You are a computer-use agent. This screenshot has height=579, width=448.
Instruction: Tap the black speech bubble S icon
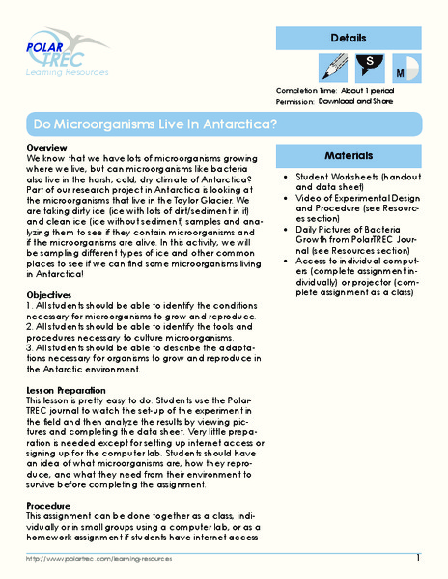(x=368, y=70)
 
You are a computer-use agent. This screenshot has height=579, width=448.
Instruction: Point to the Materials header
(x=349, y=155)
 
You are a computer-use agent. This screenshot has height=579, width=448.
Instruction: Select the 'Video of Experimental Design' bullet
(x=352, y=212)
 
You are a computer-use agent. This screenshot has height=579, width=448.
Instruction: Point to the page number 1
(x=418, y=559)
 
